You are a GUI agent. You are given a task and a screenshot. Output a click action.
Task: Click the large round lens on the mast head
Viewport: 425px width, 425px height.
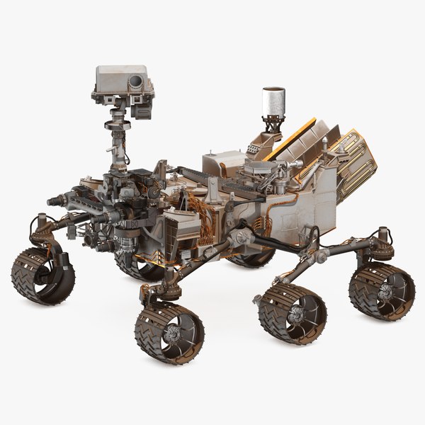point(135,84)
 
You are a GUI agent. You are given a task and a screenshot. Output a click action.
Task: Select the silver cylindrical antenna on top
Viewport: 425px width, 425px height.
point(273,101)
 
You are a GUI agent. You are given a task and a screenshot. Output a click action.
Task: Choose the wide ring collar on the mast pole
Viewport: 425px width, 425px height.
point(115,126)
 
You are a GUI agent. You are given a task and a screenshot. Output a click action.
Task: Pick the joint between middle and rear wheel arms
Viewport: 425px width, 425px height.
point(320,254)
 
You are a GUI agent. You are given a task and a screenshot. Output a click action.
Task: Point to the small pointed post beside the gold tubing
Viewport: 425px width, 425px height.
point(325,145)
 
